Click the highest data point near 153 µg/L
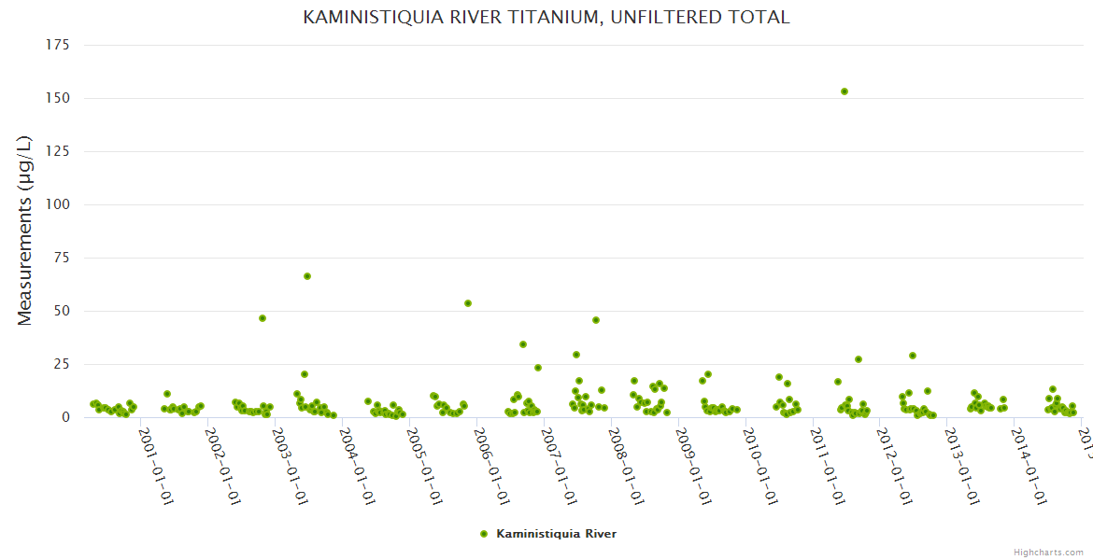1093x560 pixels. [845, 91]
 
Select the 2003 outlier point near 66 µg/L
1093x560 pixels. [307, 276]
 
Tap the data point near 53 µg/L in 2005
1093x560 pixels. [468, 303]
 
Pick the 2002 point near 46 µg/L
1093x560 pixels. [263, 318]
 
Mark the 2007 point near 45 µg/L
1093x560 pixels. [596, 320]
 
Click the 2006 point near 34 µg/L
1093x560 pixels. [523, 344]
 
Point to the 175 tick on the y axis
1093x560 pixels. [58, 45]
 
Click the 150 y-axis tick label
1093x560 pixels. [58, 98]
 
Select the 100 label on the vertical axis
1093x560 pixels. [58, 204]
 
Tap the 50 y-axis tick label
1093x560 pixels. [62, 311]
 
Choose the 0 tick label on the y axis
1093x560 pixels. [65, 417]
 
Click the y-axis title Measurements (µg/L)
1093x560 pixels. [25, 231]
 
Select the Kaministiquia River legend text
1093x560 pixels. [556, 534]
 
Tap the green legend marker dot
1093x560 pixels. [484, 534]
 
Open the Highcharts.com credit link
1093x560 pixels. [1048, 552]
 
